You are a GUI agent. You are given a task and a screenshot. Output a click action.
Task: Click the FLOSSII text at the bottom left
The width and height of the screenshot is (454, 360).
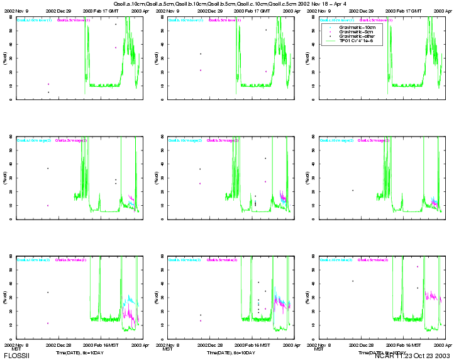(16, 356)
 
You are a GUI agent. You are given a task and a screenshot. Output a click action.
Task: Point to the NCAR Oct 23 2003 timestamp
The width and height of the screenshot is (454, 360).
(412, 356)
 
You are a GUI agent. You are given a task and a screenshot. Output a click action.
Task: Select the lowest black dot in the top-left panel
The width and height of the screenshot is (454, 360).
(48, 92)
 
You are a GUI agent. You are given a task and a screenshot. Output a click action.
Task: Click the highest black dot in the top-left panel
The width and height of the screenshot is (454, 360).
(116, 24)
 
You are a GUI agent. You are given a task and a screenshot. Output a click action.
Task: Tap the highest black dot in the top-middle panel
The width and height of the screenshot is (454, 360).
(265, 30)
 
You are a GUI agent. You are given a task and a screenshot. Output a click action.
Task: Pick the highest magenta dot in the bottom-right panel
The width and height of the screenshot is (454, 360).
(417, 266)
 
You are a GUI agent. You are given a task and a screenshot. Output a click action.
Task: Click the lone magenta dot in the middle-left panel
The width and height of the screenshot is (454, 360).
(48, 205)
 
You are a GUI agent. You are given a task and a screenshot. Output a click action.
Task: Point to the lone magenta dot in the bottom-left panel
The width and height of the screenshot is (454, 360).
(48, 323)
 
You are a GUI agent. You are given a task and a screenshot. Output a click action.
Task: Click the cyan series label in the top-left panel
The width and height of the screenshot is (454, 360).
(35, 20)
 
